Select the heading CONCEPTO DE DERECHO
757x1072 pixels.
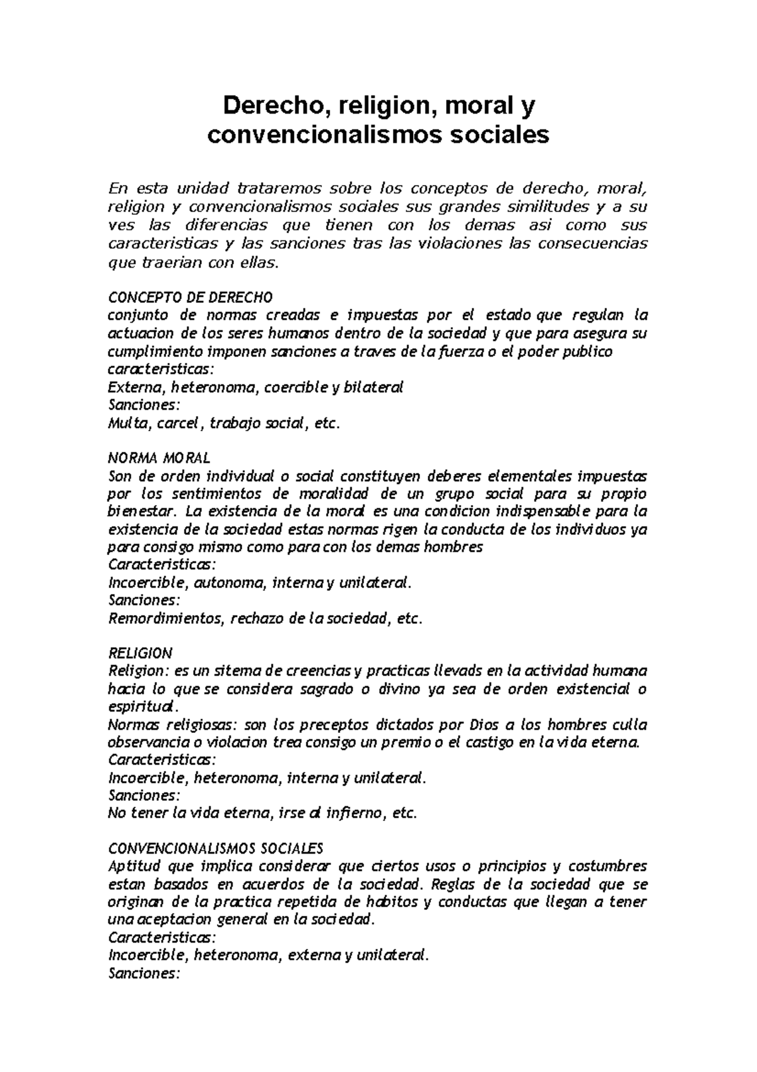click(191, 297)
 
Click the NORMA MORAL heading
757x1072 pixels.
click(160, 456)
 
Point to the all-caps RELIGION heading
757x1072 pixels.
click(140, 653)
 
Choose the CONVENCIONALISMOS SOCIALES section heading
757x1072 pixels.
click(216, 847)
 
